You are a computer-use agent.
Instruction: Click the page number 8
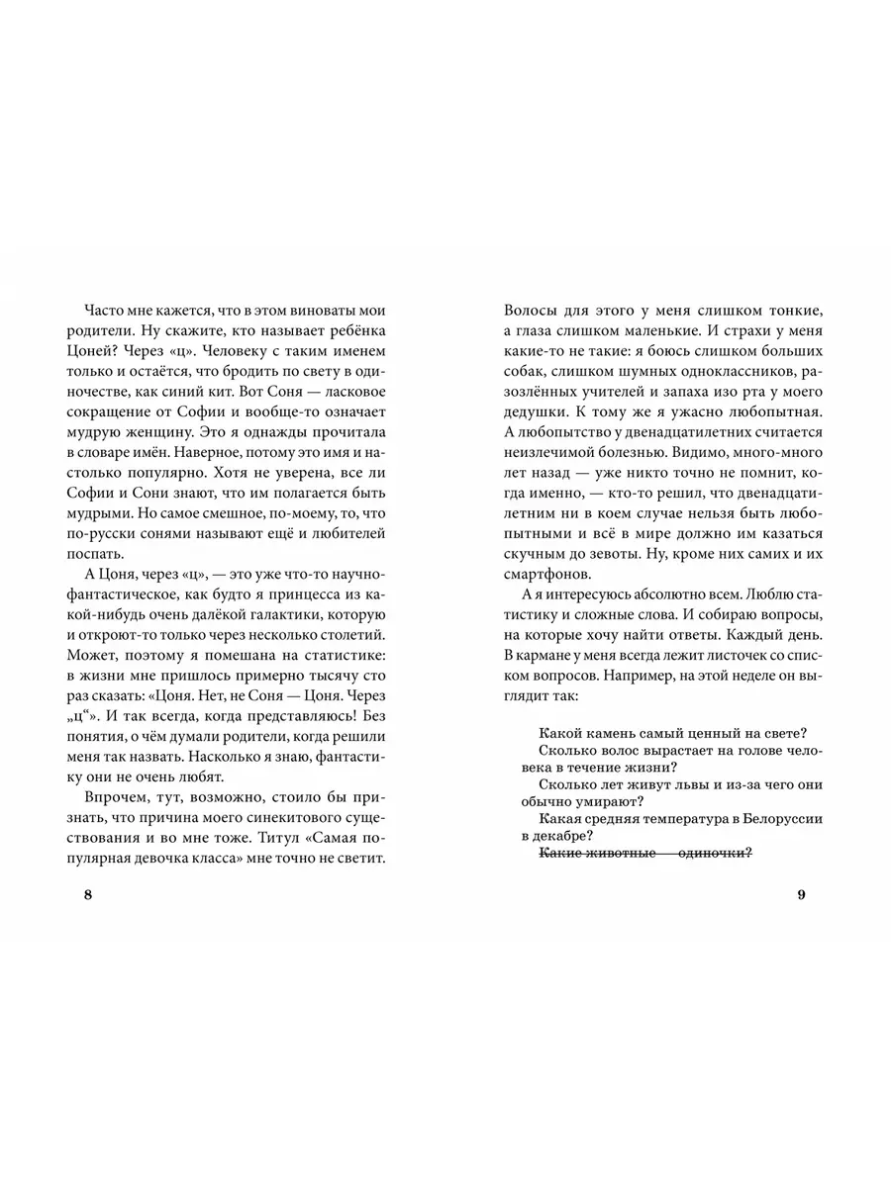click(x=89, y=895)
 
